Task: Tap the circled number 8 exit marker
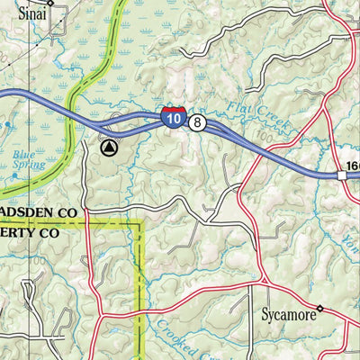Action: pyautogui.click(x=197, y=121)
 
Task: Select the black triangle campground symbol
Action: pyautogui.click(x=109, y=148)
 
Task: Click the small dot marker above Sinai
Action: pyautogui.click(x=50, y=3)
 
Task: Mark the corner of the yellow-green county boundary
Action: pyautogui.click(x=140, y=221)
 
